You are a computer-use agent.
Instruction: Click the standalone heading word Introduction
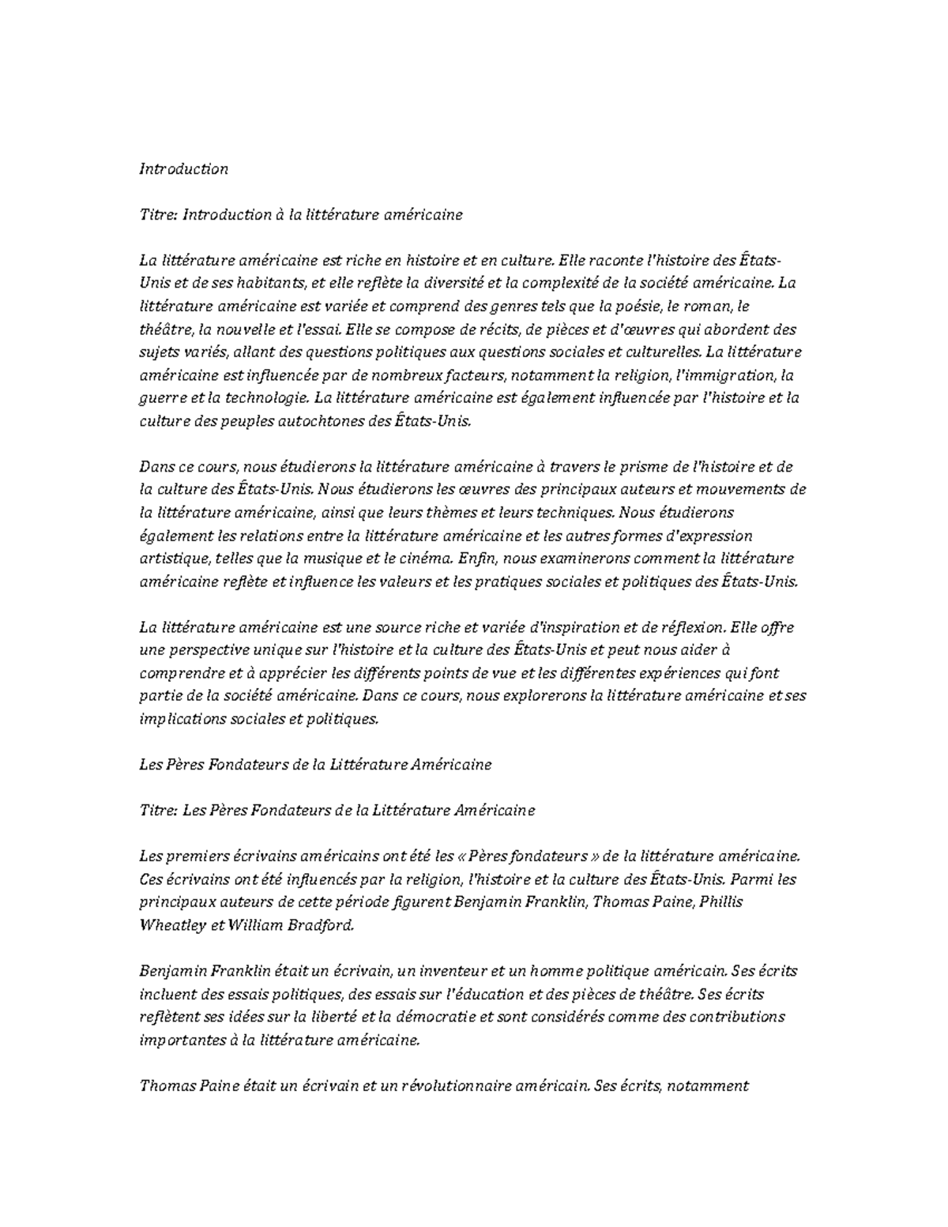pos(183,168)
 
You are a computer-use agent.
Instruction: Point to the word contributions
pos(737,1017)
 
